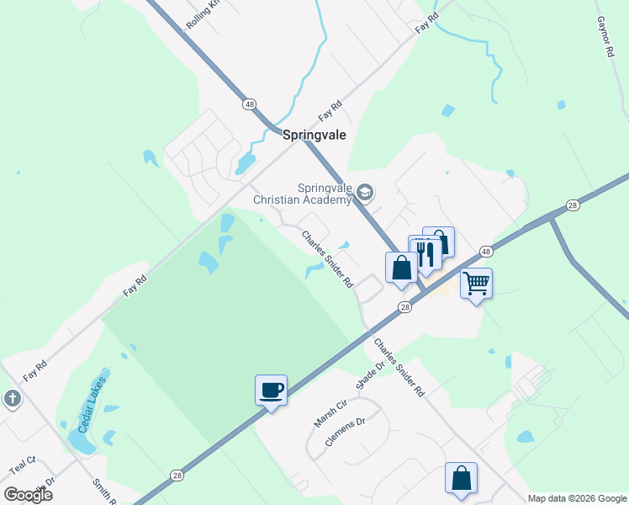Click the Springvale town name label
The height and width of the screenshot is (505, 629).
[314, 135]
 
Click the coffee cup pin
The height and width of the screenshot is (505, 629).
[271, 391]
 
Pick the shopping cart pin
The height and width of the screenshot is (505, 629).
[476, 283]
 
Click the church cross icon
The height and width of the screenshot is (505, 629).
[12, 398]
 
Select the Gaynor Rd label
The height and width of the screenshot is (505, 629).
[605, 36]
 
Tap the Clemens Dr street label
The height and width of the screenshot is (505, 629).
[346, 431]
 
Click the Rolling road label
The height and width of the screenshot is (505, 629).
[203, 14]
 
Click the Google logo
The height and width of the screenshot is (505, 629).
[28, 495]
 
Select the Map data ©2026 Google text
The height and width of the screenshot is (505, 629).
[577, 498]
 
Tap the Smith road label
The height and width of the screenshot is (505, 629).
[104, 491]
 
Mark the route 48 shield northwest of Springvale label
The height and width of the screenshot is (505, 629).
[249, 104]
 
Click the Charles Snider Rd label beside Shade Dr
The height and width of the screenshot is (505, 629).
[400, 368]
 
